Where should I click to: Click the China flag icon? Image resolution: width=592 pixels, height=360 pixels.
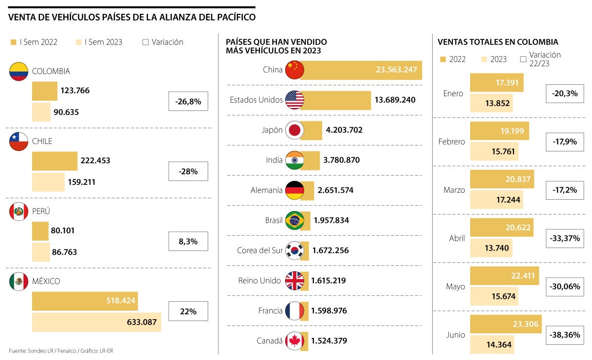(295, 70)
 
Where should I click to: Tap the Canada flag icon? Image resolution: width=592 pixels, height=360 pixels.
(295, 340)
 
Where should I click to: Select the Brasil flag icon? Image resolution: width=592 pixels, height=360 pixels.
(295, 220)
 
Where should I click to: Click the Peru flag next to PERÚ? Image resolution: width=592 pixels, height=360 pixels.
(19, 212)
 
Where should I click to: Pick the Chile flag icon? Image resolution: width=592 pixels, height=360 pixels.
(19, 142)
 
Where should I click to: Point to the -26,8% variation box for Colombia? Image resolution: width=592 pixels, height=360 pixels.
(188, 101)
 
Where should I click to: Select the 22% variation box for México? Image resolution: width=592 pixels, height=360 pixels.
(188, 311)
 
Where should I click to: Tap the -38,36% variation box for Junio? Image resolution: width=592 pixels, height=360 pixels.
(564, 334)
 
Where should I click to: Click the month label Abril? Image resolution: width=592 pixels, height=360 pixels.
(457, 238)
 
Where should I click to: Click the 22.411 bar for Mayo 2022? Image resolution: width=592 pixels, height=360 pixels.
(505, 276)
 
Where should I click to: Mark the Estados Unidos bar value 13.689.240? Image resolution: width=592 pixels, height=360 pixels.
(395, 100)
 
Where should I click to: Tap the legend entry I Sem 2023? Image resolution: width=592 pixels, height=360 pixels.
(99, 42)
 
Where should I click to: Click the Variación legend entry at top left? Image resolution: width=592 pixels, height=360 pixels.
(163, 42)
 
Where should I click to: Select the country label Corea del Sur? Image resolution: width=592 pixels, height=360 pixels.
(259, 251)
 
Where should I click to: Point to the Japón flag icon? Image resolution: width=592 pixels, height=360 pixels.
(295, 130)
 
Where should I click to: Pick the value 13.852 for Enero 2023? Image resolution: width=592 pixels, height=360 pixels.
(496, 103)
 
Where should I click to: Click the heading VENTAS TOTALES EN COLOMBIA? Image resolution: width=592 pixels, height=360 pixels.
(498, 42)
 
